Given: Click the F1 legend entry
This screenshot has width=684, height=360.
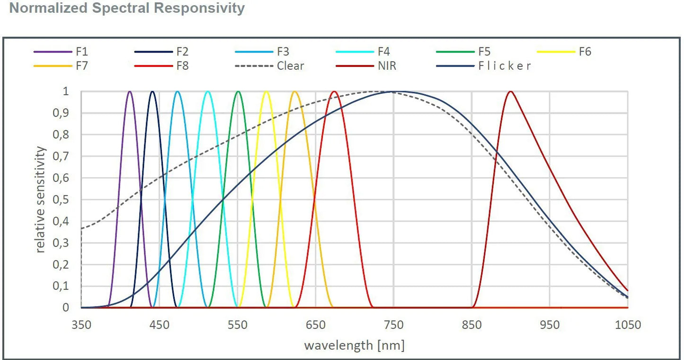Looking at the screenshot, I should point(81,52).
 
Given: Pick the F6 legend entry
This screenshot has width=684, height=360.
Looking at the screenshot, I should point(585,52).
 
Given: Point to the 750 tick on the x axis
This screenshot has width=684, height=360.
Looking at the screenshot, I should point(393,325).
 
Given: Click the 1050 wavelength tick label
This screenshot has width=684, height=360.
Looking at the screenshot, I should point(627,325).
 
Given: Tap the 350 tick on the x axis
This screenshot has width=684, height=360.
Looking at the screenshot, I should point(81,325).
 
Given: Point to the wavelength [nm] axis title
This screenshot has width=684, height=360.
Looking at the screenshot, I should point(354,345).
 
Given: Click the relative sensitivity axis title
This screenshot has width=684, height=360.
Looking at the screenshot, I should point(41,199).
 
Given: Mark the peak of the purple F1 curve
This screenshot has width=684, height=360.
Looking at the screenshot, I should point(130,91).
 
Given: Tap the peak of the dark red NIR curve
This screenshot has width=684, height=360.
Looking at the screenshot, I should point(510,91).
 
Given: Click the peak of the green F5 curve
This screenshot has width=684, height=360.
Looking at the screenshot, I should point(238,91).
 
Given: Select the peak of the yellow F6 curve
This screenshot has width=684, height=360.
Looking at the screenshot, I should point(266,91).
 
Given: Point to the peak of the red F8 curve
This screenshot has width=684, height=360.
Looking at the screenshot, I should point(335,91).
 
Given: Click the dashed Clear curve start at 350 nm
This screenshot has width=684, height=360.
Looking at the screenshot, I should point(81,229).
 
